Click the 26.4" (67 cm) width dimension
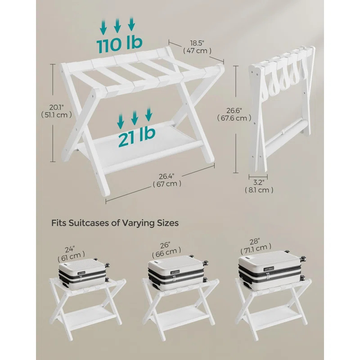167,180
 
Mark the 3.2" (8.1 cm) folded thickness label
260,186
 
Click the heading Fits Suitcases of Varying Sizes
115,222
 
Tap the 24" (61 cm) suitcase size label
69,253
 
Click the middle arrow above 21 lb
135,117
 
